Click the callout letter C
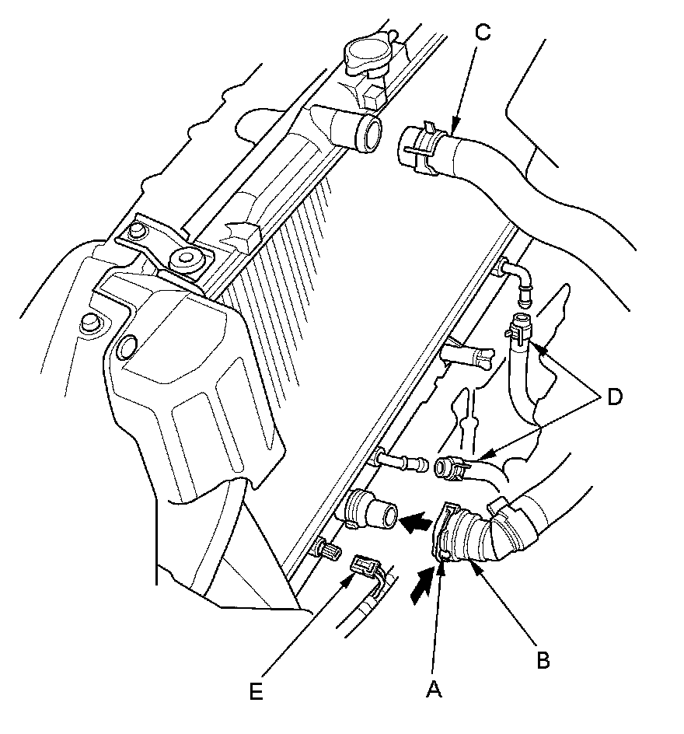483,33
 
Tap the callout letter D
614,397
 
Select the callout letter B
543,661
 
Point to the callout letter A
434,689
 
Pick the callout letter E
256,691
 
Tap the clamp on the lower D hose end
454,469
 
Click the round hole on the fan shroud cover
127,347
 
